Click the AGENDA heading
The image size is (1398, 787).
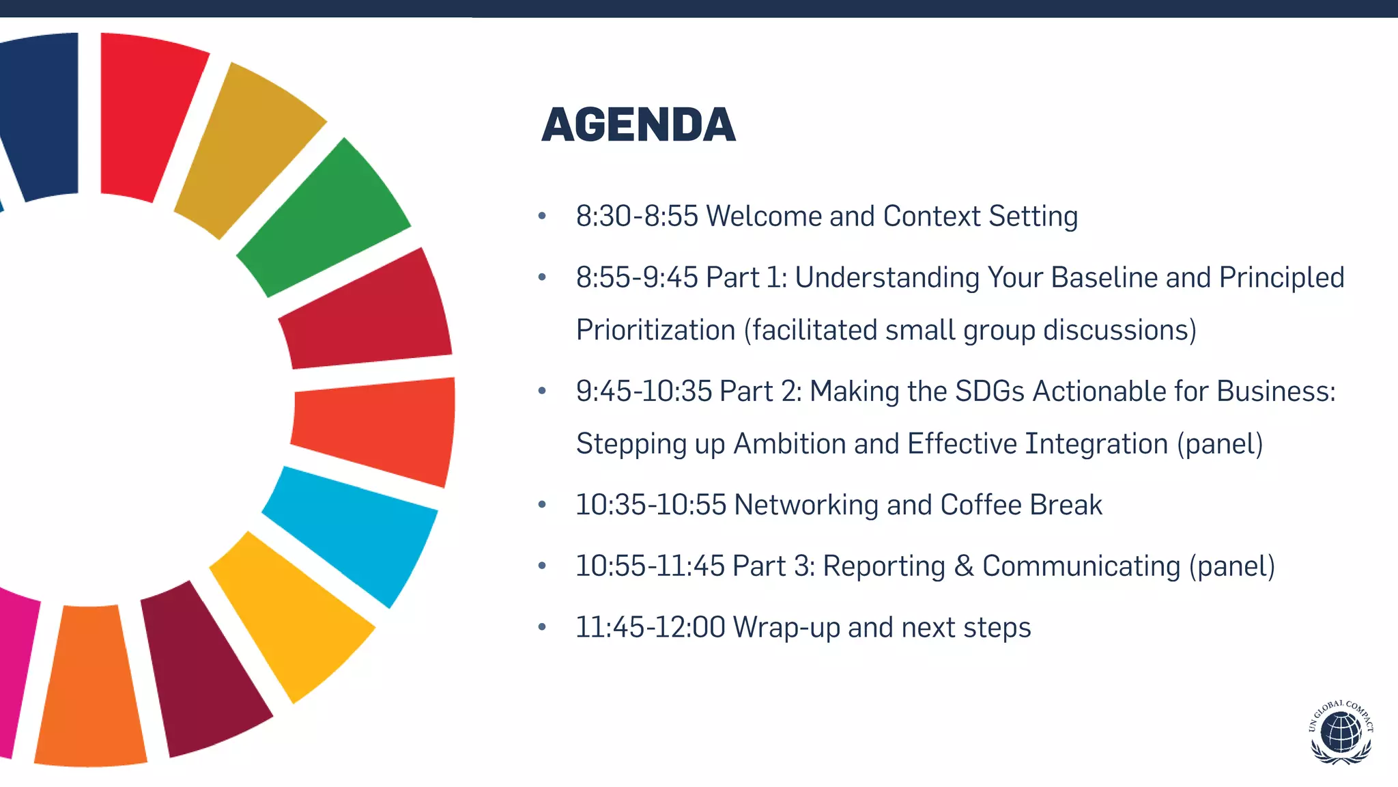point(638,125)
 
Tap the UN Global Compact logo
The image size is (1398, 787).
point(1341,732)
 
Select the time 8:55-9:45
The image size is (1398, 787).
point(636,278)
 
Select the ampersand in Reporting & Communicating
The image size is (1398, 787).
point(963,566)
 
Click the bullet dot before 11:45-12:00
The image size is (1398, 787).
point(542,627)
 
